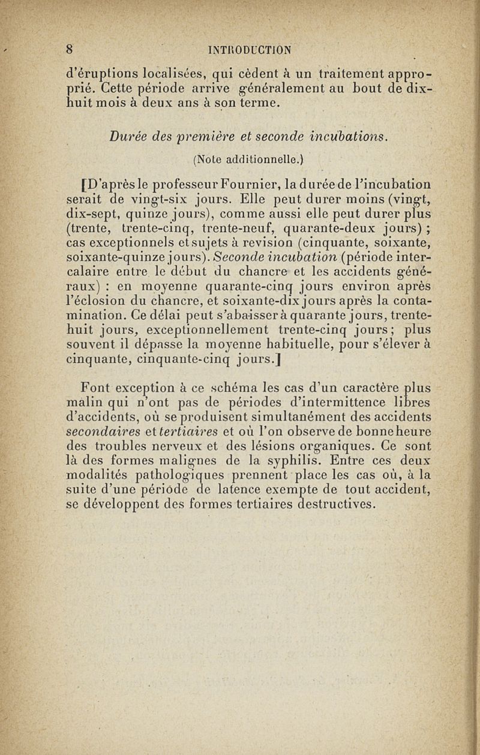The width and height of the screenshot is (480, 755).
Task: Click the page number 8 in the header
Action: pos(70,49)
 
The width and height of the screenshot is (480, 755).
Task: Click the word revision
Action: pos(261,242)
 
